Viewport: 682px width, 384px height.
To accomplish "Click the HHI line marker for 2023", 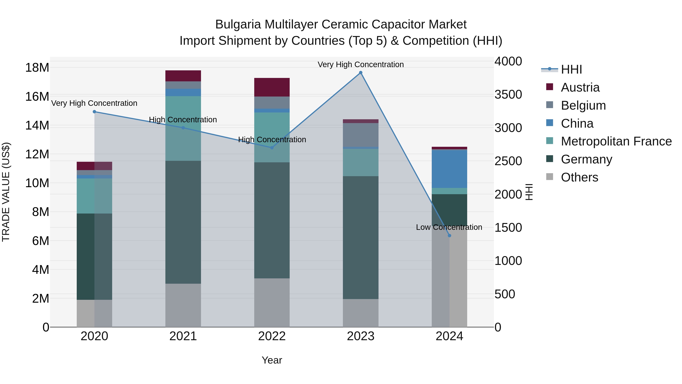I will [x=360, y=73].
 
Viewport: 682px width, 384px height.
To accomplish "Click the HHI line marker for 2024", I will [x=449, y=236].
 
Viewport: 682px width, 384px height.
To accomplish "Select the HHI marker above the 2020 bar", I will [x=94, y=112].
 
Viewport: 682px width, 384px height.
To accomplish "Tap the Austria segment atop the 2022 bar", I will [x=272, y=87].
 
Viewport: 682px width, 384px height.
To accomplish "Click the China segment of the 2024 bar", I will [x=449, y=169].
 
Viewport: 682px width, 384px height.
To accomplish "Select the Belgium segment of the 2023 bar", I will [x=360, y=135].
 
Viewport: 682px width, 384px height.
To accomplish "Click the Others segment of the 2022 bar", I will [x=272, y=302].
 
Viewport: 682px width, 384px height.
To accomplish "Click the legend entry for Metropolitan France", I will [x=616, y=141].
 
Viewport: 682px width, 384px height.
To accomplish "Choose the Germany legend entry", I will [x=586, y=159].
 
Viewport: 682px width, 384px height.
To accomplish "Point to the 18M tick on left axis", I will [x=37, y=68].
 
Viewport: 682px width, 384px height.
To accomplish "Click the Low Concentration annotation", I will [x=449, y=227].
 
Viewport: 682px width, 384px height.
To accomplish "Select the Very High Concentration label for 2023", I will [x=360, y=64].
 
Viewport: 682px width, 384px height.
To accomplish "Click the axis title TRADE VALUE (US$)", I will [x=6, y=192].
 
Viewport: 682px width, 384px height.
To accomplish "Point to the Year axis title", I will [x=272, y=360].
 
